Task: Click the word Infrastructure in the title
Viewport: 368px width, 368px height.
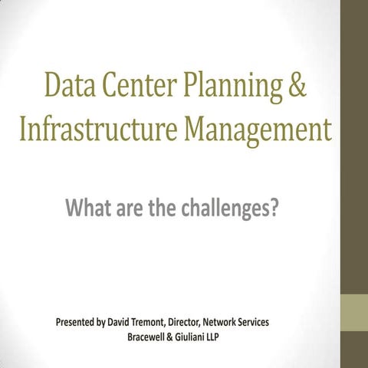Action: coord(97,130)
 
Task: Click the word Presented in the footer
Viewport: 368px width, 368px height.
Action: coord(79,322)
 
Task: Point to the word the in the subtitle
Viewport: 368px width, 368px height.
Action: coord(163,206)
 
